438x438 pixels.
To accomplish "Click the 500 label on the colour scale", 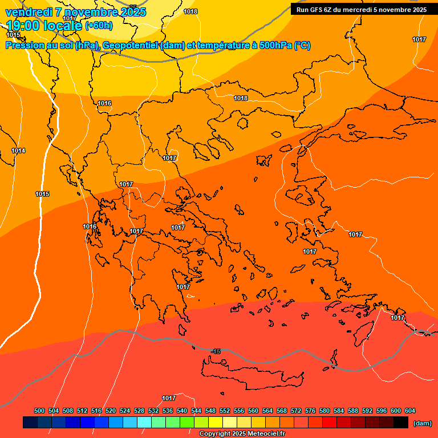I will point(39,411).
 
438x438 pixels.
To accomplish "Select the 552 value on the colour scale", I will point(225,411).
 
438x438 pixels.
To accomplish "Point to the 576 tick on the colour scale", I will point(310,411).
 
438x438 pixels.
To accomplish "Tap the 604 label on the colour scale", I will point(410,411).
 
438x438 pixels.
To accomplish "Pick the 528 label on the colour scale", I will point(139,411).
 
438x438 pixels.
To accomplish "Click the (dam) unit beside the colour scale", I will point(422,423).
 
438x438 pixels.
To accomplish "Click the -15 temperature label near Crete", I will point(216,351).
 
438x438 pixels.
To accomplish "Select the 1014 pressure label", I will point(18,151).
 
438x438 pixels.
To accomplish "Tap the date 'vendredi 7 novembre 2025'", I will point(75,12).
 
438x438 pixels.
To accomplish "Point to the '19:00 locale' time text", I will point(44,25).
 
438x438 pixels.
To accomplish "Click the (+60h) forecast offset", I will point(99,26).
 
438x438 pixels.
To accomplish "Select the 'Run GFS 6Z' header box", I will point(362,10).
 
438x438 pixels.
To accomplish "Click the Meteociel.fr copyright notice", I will point(242,434).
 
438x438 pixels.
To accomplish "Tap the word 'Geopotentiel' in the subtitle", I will point(130,46).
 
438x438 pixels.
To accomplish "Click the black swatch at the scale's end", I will point(400,423).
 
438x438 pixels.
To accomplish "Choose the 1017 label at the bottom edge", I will point(169,398).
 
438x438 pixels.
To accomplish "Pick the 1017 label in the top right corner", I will point(419,39).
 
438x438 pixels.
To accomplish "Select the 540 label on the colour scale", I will point(182,411).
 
